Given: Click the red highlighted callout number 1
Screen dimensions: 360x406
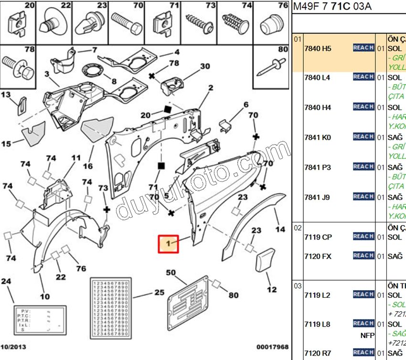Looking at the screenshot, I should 168,244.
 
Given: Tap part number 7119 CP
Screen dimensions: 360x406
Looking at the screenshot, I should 318,237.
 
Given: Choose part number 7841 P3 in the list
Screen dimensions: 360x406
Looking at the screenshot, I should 317,167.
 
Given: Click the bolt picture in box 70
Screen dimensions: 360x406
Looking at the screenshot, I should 127,22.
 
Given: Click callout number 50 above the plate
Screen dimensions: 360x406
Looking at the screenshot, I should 171,273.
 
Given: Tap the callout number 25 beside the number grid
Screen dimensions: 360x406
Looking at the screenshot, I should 159,292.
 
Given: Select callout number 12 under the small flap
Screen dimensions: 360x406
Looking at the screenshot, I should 271,290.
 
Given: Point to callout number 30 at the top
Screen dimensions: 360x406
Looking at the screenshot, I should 205,66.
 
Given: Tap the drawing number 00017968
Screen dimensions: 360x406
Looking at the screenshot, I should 272,346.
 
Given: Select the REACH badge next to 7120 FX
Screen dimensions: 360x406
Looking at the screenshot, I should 363,256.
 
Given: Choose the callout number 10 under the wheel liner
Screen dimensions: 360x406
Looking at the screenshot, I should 44,296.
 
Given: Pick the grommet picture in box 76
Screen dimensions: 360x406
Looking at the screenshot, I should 271,24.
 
